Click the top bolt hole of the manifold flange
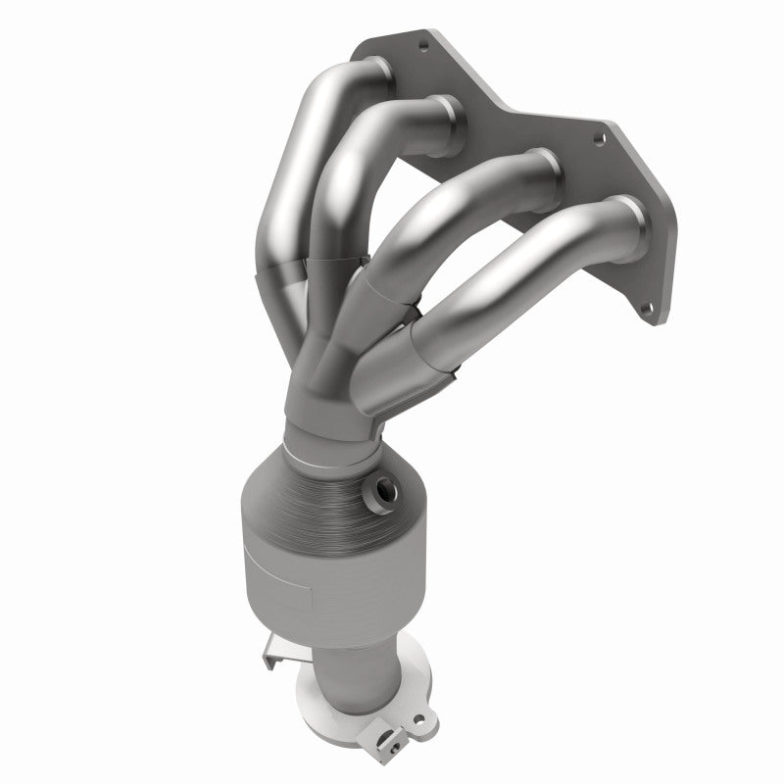(x=423, y=43)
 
